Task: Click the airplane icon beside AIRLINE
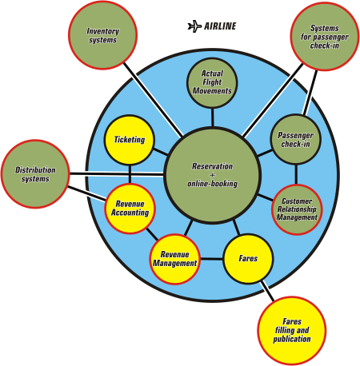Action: (x=194, y=26)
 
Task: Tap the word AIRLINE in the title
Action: (x=220, y=26)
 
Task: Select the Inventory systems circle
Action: (x=102, y=35)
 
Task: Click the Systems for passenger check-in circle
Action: (x=325, y=37)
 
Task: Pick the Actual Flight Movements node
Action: (x=212, y=83)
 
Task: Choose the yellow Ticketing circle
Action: (x=130, y=140)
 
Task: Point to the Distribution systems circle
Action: (x=35, y=174)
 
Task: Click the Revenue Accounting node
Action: (x=130, y=209)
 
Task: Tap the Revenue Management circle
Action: (x=174, y=259)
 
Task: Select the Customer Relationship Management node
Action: (x=297, y=209)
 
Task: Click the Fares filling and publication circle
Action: (x=292, y=331)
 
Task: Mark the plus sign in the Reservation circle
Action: (x=212, y=175)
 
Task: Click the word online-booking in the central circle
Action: (x=212, y=184)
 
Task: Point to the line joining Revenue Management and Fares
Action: (x=212, y=259)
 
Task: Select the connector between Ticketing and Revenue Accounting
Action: (x=130, y=174)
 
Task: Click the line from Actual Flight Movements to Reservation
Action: (x=213, y=117)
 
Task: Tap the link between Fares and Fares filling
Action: (x=267, y=291)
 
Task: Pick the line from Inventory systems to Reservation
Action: (x=154, y=100)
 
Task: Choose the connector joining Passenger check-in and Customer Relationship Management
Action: (x=296, y=174)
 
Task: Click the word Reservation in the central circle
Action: (x=212, y=166)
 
